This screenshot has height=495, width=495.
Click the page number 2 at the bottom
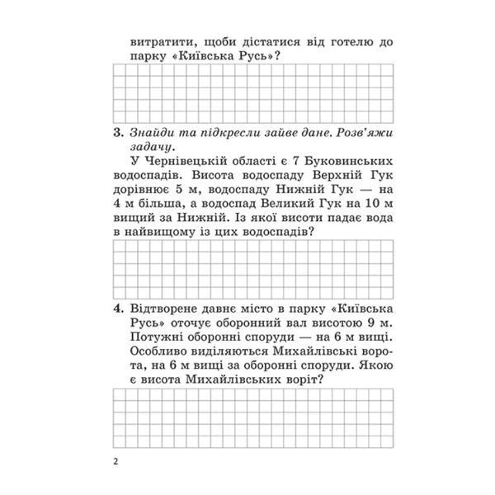(117, 460)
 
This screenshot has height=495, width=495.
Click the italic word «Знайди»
(153, 132)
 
